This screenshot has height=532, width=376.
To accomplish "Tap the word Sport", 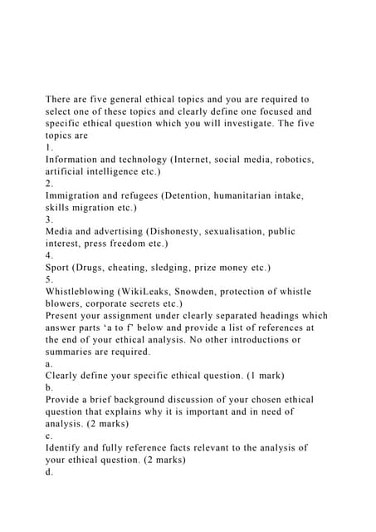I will (60, 268).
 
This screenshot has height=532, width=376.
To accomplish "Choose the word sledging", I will (172, 268).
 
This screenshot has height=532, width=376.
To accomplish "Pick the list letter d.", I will (49, 472).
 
